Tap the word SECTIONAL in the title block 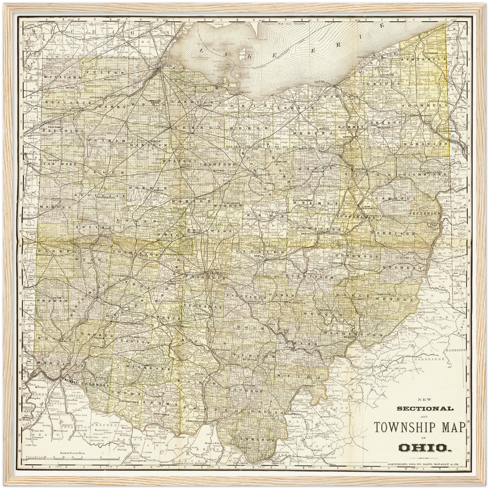[425, 408]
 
